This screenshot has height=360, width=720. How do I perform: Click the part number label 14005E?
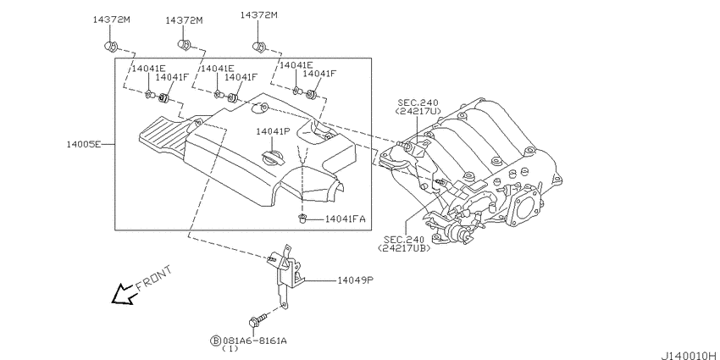(84, 144)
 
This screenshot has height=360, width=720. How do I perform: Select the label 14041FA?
(345, 219)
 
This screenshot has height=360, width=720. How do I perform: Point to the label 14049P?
(355, 280)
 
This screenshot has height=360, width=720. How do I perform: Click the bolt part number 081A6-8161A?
(255, 341)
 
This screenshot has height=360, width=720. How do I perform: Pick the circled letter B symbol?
(216, 341)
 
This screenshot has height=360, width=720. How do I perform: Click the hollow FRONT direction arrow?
(123, 293)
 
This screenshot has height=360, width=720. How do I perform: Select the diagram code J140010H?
(689, 355)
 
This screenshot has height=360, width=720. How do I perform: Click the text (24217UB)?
(404, 248)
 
